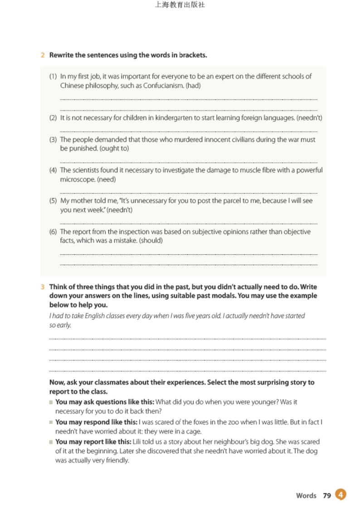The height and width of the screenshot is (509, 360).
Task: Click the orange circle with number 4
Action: coord(341,494)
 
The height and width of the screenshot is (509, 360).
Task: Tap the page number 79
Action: coord(327,495)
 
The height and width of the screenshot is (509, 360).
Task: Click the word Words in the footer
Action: coord(306,495)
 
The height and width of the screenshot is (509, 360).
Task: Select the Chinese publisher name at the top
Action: coord(180,5)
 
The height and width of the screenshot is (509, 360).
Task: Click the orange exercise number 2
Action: coord(43,55)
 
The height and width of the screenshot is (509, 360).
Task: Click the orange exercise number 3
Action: coord(43,287)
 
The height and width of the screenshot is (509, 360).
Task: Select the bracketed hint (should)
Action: coord(151,240)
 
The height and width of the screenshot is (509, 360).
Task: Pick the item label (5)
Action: coord(53,201)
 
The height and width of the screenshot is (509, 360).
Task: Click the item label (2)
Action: coord(53,118)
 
